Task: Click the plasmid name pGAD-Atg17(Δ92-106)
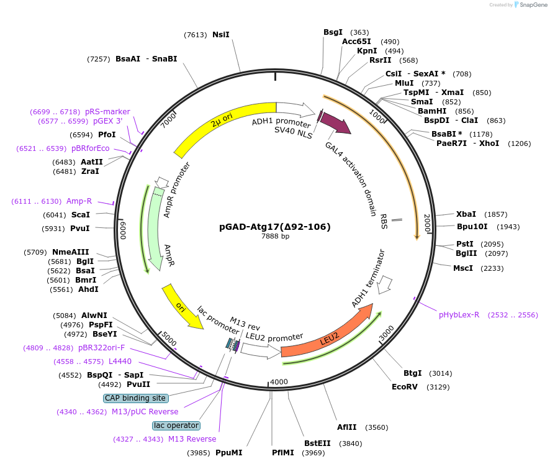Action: coord(275,227)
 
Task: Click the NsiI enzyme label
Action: coord(220,35)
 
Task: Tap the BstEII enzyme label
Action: coord(317,444)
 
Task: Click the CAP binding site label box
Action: coord(135,398)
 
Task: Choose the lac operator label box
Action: coord(176,425)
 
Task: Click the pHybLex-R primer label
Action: coord(459,315)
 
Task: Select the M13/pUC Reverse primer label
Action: coord(145,412)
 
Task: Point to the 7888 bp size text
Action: coord(275,237)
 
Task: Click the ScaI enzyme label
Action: coord(80,215)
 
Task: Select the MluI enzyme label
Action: coord(404,83)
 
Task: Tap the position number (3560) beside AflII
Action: coord(377,427)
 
